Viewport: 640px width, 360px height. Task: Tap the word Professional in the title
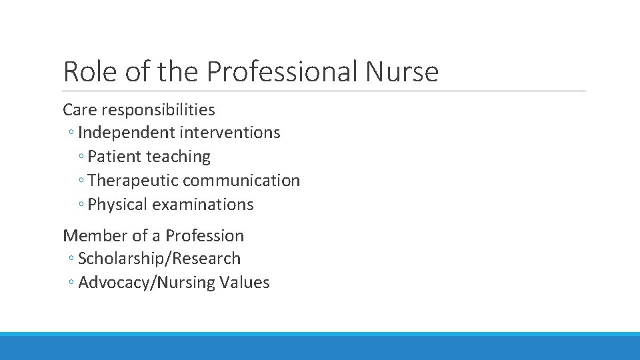click(283, 71)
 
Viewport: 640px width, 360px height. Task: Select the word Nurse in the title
click(401, 71)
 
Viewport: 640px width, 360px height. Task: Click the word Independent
click(125, 133)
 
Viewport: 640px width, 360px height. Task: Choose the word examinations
click(203, 205)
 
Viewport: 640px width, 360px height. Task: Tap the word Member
click(93, 235)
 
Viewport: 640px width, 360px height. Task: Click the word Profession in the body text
click(205, 235)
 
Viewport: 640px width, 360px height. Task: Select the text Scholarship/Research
click(159, 259)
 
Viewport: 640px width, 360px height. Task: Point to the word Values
click(248, 283)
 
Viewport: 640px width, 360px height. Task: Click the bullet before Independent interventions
click(71, 133)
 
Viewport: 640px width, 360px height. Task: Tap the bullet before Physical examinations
click(81, 205)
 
